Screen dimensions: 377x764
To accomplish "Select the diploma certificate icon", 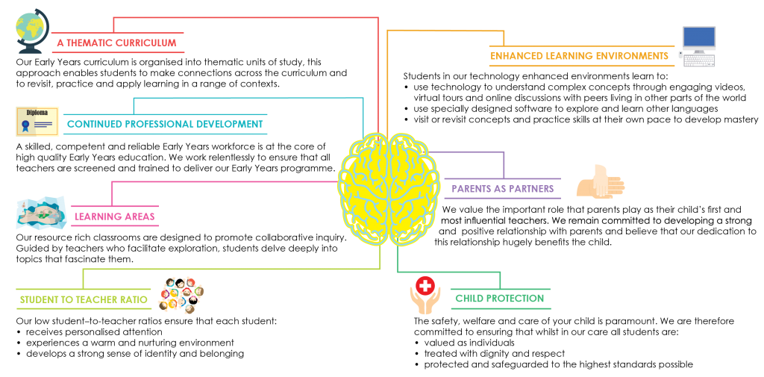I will pyautogui.click(x=37, y=121).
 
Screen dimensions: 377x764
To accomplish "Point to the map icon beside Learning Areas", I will pyautogui.click(x=41, y=214).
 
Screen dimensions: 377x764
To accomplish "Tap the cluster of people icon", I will pyautogui.click(x=181, y=294).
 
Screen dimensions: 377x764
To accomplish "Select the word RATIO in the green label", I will pyautogui.click(x=131, y=300).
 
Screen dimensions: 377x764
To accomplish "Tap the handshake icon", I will pyautogui.click(x=600, y=183).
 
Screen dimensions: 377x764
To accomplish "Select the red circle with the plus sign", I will pyautogui.click(x=425, y=285).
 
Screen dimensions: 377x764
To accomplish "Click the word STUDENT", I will pyautogui.click(x=40, y=300).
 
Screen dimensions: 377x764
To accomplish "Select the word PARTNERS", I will pyautogui.click(x=532, y=189).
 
